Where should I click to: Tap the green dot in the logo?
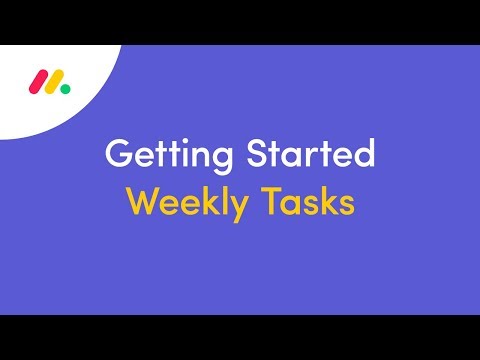point(65,87)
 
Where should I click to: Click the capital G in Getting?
point(118,156)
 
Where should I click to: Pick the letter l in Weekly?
point(226,201)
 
